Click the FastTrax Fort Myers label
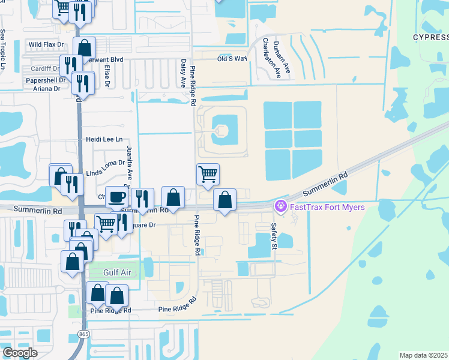[327, 207]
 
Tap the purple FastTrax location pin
[280, 206]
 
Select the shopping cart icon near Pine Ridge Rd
[208, 175]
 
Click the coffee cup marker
[116, 197]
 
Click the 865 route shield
[83, 333]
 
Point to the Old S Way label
[232, 58]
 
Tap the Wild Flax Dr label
[47, 44]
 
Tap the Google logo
[19, 352]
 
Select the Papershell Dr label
[44, 80]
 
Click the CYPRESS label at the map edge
[430, 37]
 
